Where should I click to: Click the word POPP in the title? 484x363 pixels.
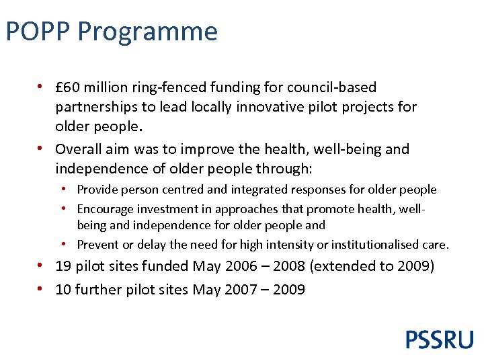pos(38,32)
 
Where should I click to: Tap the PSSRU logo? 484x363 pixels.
pos(439,339)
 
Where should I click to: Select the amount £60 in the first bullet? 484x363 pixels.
pos(68,87)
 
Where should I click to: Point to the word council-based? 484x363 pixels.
pos(331,87)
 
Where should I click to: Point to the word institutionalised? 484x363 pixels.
pos(376,245)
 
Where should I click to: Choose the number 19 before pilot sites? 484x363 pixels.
pos(63,266)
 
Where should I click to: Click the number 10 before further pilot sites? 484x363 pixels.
pos(63,290)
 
